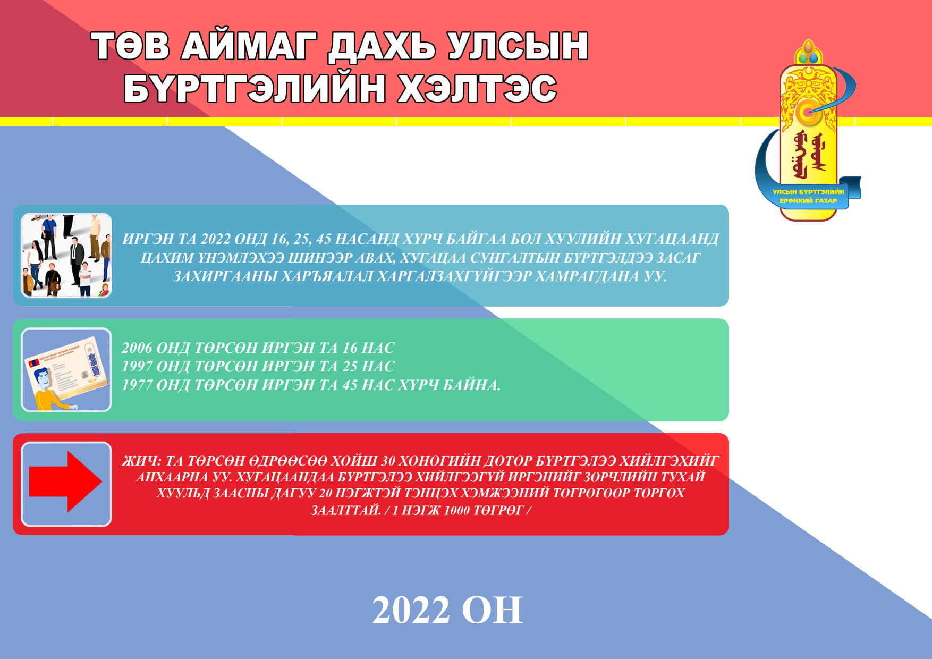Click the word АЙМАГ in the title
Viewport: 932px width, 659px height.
coord(249,46)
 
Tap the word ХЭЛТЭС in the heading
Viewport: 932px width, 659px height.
coord(477,88)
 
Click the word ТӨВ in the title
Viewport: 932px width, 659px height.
coord(130,46)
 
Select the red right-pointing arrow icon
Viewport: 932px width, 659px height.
coord(65,481)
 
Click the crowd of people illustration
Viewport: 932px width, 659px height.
coord(66,255)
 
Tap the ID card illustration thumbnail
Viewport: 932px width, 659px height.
coord(66,370)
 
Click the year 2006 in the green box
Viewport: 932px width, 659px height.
coord(137,348)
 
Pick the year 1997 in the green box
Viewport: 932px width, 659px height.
coord(137,366)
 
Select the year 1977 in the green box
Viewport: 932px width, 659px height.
coord(137,385)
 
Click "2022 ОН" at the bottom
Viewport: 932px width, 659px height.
coord(447,610)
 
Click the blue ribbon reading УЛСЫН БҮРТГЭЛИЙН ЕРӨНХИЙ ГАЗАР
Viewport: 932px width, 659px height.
coord(808,196)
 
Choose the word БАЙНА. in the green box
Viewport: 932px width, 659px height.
coord(472,385)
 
